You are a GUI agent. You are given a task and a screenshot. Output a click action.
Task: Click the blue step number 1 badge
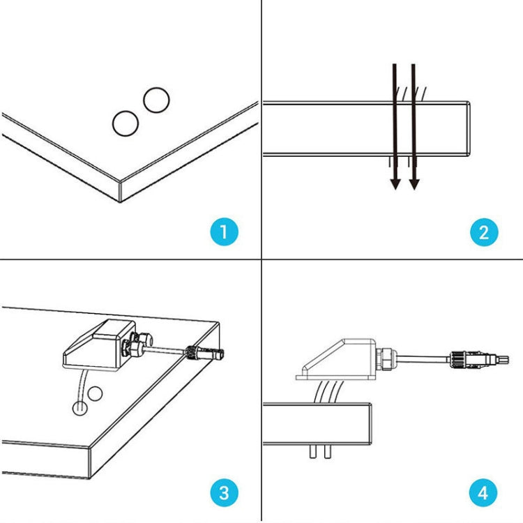(223, 232)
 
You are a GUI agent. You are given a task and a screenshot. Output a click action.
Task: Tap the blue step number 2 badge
(484, 232)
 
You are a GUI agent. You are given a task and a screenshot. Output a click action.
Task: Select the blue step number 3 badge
(223, 493)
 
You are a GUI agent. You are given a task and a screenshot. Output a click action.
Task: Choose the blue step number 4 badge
(484, 493)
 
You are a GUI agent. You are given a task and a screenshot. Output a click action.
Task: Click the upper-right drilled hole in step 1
(156, 100)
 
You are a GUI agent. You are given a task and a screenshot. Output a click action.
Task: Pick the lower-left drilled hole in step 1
(126, 124)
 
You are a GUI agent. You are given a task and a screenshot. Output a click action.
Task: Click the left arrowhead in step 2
(395, 183)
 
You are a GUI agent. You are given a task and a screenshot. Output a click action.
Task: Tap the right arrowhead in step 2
(414, 183)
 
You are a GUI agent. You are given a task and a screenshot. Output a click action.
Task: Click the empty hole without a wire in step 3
(95, 393)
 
